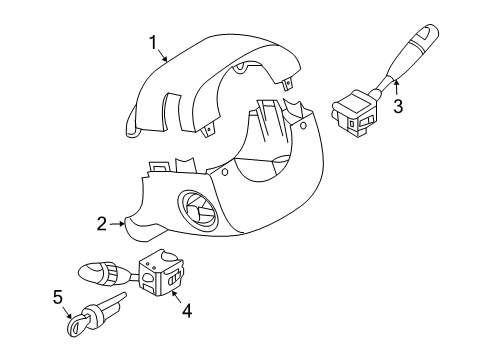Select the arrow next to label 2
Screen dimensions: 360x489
point(117,224)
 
